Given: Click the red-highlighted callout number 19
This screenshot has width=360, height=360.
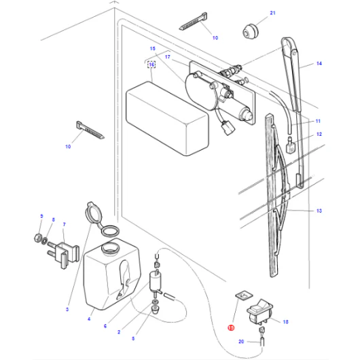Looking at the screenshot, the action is tap(231, 327).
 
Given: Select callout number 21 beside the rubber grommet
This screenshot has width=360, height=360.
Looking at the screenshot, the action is tap(272, 13).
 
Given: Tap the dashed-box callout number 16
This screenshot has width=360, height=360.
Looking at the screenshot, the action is tap(151, 65).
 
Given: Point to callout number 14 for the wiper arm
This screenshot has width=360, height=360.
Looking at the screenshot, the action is tap(319, 63).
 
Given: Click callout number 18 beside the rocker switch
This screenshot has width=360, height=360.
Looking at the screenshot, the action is tap(285, 322).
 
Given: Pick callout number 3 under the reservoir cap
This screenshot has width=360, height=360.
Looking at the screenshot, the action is tap(67, 309).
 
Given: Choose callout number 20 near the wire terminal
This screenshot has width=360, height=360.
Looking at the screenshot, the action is tap(241, 342).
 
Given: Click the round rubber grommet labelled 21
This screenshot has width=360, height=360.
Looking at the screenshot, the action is tap(251, 31).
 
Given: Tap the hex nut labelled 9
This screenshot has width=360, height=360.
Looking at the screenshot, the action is tap(37, 238).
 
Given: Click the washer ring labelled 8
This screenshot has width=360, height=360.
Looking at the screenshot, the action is tap(45, 241).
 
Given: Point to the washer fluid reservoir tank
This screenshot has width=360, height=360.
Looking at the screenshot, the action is tap(112, 274).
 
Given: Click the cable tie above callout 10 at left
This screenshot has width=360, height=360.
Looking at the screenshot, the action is tap(90, 130).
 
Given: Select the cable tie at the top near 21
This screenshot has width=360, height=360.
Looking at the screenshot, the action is tap(194, 21).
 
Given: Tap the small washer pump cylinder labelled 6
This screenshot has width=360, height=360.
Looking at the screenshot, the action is tap(155, 281).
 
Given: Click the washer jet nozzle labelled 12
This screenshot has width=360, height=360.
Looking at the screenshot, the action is tap(290, 146).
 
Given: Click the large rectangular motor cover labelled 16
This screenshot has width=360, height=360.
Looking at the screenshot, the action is tap(167, 118).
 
